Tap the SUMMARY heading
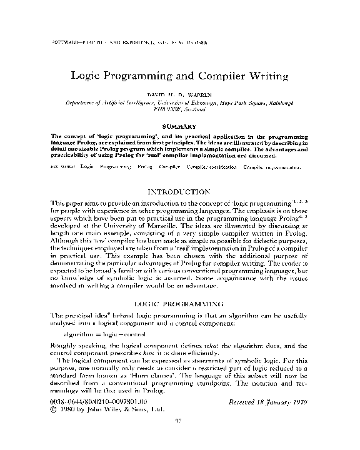pos(179,127)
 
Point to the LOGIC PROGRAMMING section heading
pos(179,302)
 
